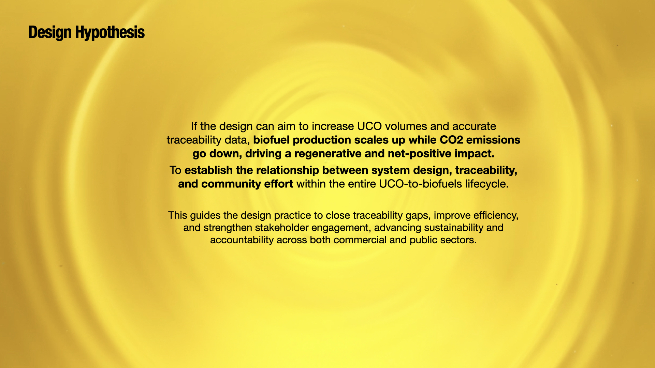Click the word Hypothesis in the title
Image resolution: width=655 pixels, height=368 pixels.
110,33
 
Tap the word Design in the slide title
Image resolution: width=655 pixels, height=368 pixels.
50,33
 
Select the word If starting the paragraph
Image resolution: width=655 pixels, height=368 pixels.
194,126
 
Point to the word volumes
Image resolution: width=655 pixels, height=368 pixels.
406,126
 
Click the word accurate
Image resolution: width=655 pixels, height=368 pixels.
474,126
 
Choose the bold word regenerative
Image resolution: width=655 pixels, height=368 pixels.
328,154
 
